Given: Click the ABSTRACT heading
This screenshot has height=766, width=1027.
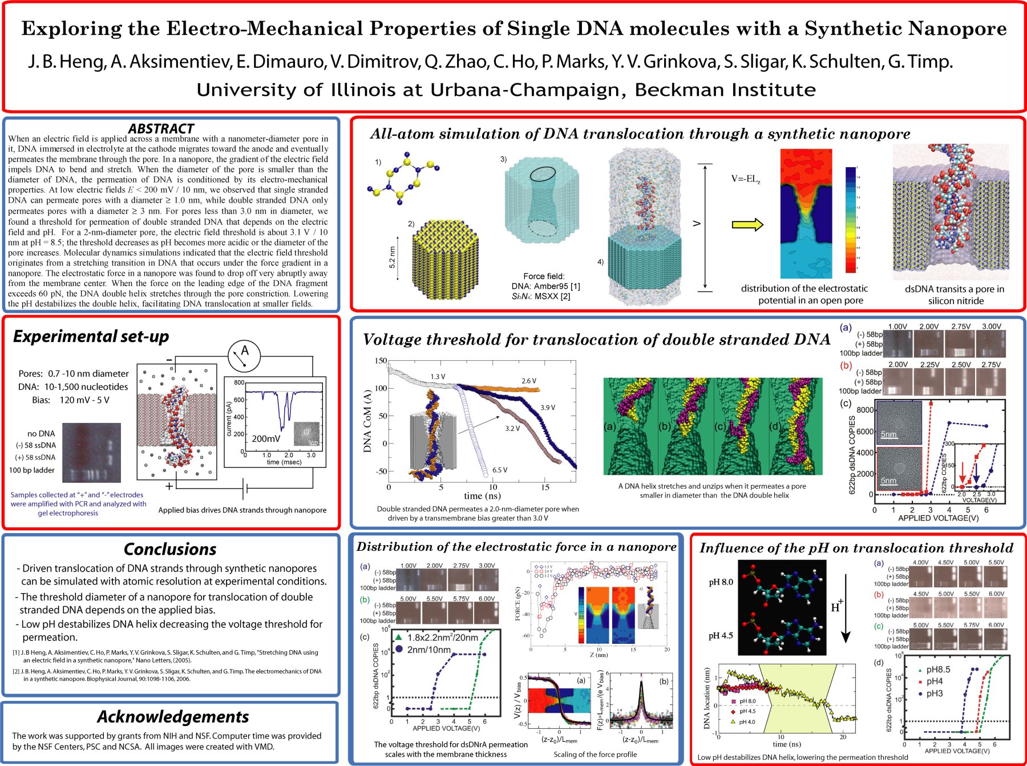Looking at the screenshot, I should (161, 128).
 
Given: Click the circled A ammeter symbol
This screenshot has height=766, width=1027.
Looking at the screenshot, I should (244, 355).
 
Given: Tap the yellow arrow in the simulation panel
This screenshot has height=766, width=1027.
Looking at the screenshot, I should (747, 224).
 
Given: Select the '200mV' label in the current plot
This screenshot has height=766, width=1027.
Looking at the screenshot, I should (266, 439).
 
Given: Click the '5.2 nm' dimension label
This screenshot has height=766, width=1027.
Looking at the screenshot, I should (392, 257).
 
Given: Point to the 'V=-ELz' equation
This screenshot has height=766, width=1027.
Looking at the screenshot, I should (746, 179).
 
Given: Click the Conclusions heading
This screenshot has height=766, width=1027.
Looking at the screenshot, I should (170, 549).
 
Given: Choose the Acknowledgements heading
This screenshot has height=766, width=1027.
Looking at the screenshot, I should (173, 716).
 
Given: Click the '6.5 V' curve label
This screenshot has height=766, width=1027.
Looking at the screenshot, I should (500, 470).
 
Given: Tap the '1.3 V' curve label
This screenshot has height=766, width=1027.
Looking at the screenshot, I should (438, 377).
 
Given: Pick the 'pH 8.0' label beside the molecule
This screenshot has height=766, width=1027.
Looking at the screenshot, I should (721, 582).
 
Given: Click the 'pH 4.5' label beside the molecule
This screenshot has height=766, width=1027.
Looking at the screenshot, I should (721, 635).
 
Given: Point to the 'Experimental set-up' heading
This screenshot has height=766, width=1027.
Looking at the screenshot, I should (91, 336).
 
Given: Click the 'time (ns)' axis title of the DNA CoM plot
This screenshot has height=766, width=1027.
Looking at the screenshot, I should (482, 496).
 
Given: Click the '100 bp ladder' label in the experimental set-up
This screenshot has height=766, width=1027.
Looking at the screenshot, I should (32, 470).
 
